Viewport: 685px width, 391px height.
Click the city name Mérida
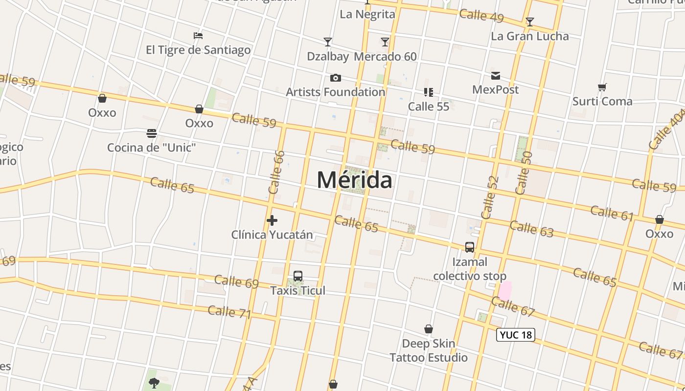354,180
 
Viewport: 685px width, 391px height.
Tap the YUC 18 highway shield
516,335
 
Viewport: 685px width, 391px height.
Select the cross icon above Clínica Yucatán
272,220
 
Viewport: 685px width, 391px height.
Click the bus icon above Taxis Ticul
298,276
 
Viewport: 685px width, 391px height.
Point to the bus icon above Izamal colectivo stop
470,247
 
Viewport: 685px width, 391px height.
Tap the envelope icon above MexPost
496,75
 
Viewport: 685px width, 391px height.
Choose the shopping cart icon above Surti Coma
602,87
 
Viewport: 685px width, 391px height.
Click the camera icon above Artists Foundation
336,78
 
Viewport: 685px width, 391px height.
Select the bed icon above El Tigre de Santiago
198,36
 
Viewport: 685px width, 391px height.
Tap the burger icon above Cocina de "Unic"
152,133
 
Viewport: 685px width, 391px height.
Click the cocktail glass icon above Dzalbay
328,42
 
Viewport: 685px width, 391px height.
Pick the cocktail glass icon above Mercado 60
385,42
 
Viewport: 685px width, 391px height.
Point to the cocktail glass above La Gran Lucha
529,22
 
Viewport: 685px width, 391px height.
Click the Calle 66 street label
277,172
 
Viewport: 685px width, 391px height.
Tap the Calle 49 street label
481,15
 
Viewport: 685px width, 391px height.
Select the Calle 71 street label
229,312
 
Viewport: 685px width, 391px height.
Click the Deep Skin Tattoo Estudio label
429,350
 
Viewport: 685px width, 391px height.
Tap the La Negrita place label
367,14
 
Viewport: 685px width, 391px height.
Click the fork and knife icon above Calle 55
429,92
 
